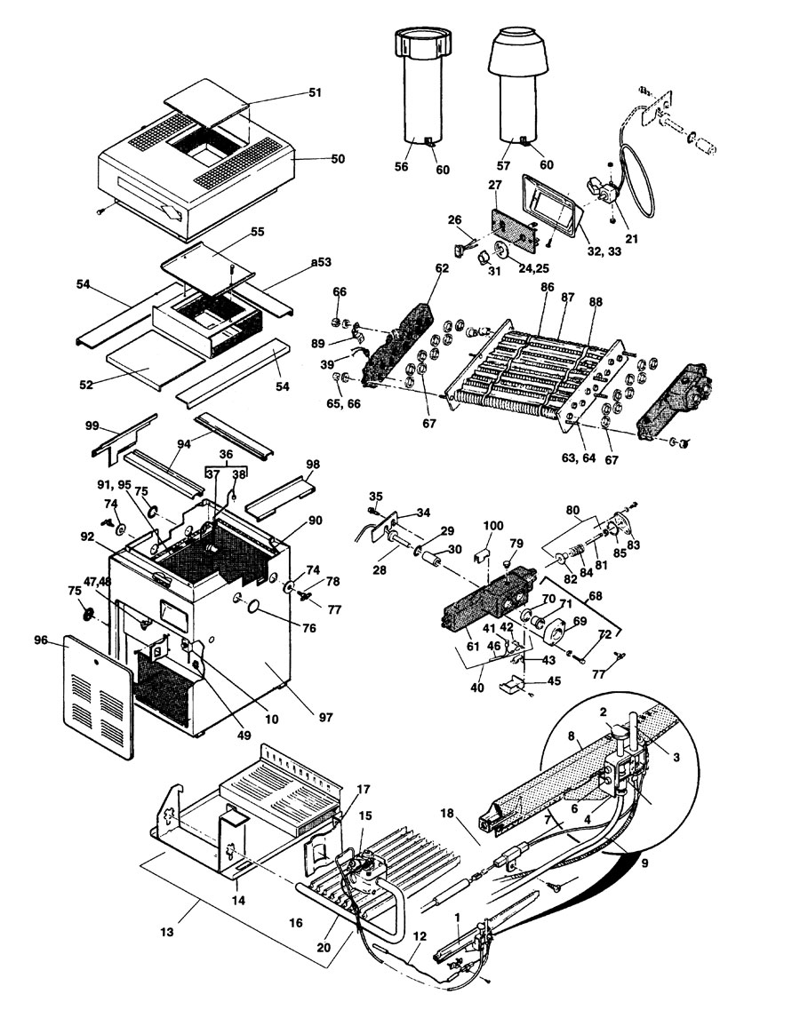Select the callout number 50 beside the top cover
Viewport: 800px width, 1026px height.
(313, 159)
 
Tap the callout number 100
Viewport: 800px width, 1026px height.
(492, 527)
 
